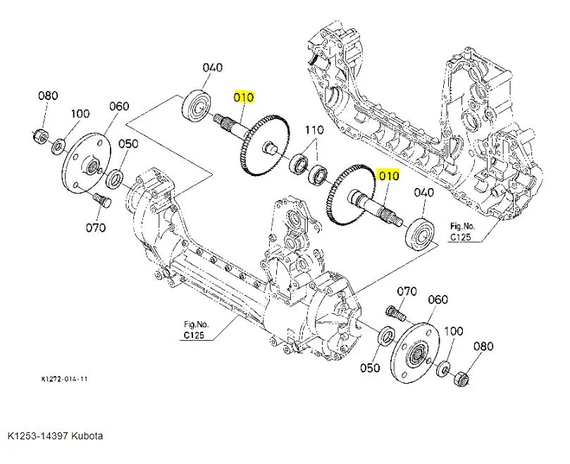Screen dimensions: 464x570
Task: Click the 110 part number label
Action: point(314,130)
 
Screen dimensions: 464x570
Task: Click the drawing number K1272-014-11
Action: point(64,379)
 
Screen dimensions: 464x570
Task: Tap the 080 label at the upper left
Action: point(48,96)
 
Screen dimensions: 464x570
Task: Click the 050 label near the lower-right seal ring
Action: point(370,368)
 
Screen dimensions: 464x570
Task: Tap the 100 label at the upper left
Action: point(80,113)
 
